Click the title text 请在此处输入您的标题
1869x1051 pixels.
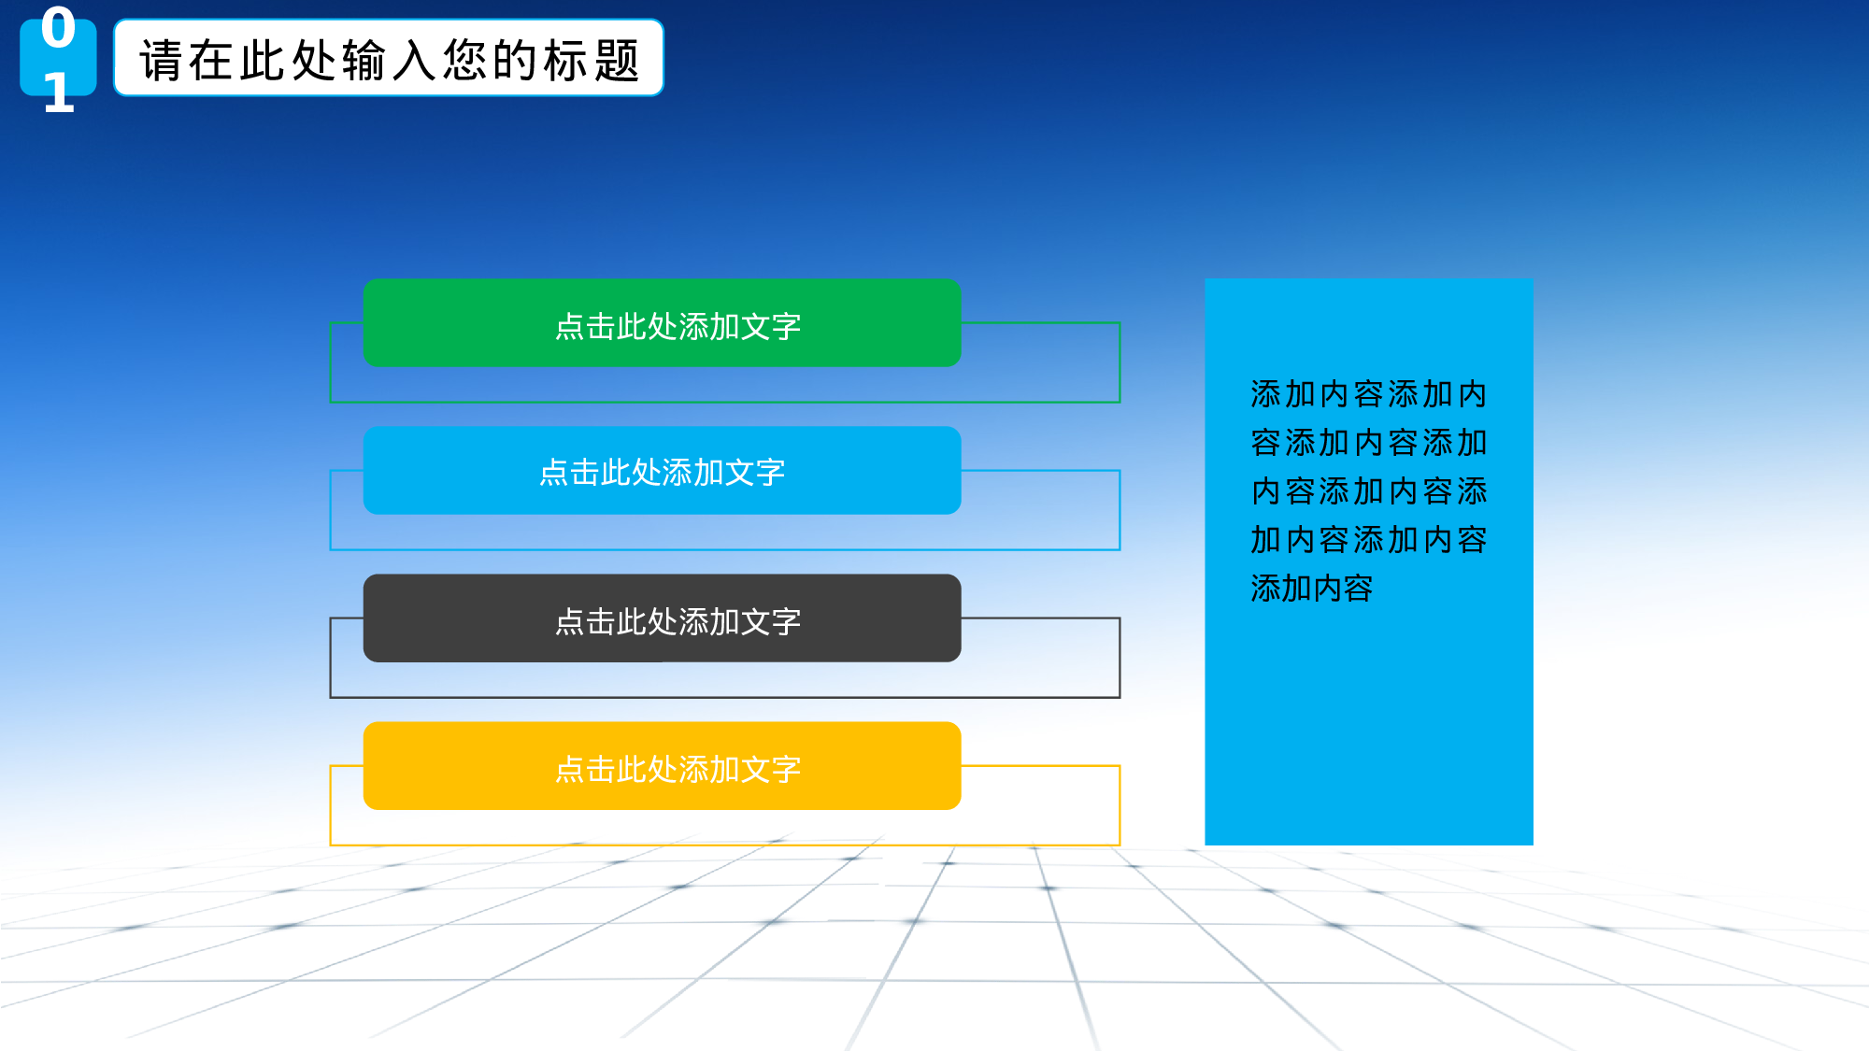click(x=389, y=60)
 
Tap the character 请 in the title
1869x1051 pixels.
click(x=161, y=61)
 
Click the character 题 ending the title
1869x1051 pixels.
click(x=617, y=61)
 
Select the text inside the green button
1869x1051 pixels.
click(x=678, y=326)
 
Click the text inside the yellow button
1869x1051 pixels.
click(x=678, y=769)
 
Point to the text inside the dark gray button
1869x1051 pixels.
click(x=678, y=621)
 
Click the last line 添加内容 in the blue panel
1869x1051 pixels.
click(x=1312, y=589)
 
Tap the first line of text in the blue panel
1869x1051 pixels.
click(x=1368, y=394)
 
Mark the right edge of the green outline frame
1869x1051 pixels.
click(x=1120, y=362)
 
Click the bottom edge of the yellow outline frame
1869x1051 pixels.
click(x=725, y=845)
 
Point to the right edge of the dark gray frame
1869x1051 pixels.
click(x=1120, y=658)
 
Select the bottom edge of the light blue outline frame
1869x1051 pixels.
click(x=725, y=549)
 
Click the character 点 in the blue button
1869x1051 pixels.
click(x=554, y=473)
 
